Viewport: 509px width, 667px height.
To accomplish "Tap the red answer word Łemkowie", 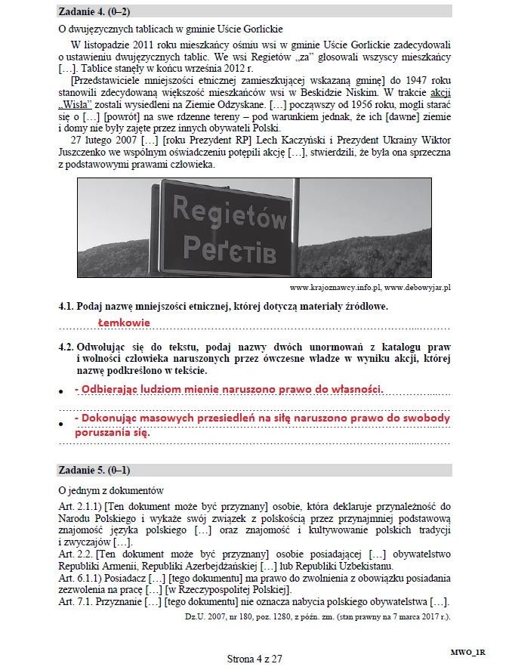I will pyautogui.click(x=124, y=323).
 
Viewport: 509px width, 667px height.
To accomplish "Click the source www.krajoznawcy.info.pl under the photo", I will pyautogui.click(x=335, y=288).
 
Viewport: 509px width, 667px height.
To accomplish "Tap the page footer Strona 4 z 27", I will pyautogui.click(x=254, y=659).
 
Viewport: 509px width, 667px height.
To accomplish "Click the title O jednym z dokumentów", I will pyautogui.click(x=110, y=490).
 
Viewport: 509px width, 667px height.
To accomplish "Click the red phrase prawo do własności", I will pyautogui.click(x=333, y=388).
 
